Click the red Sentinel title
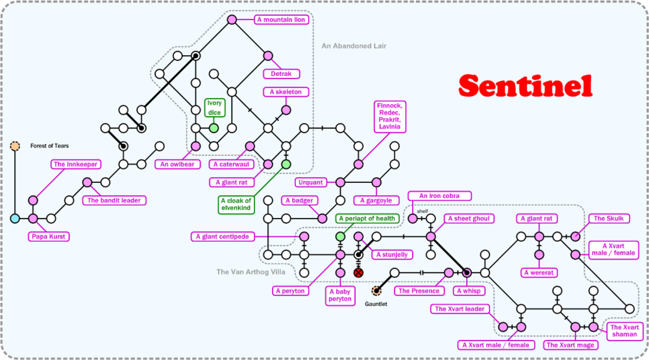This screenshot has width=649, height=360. [x=525, y=85]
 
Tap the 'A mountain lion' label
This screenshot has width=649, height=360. [x=280, y=19]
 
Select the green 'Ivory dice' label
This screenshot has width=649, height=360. [x=214, y=108]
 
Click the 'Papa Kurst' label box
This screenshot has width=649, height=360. [x=47, y=237]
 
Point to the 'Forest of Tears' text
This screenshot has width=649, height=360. [x=49, y=146]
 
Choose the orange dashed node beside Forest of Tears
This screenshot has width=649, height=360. [x=15, y=146]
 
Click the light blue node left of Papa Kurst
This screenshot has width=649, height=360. [x=15, y=219]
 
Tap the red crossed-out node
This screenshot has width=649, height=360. [x=358, y=273]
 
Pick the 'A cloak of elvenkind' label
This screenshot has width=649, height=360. [x=235, y=205]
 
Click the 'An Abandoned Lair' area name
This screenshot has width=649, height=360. [x=354, y=46]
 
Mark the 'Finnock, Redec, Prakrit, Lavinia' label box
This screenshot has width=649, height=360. [x=390, y=117]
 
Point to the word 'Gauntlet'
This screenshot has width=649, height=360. [x=375, y=304]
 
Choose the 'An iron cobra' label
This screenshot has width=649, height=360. [x=439, y=196]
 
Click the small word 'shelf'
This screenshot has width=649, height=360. [x=422, y=211]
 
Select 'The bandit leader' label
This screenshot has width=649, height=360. [x=114, y=200]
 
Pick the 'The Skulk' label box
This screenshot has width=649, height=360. [x=608, y=219]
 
